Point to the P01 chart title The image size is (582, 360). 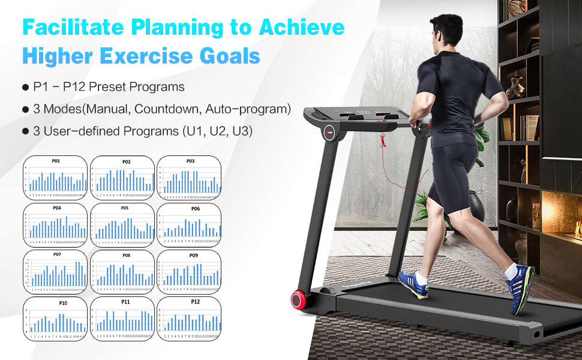click(x=56, y=161)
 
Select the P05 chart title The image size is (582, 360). click(x=125, y=208)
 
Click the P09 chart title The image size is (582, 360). click(x=193, y=256)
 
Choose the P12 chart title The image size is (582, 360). click(x=195, y=301)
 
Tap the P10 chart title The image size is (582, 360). click(x=63, y=303)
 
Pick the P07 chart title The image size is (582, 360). click(x=58, y=254)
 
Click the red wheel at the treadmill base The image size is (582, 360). click(x=298, y=299)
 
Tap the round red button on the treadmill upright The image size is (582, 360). click(x=329, y=131)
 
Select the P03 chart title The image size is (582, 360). click(x=190, y=161)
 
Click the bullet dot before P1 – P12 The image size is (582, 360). click(x=25, y=88)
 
